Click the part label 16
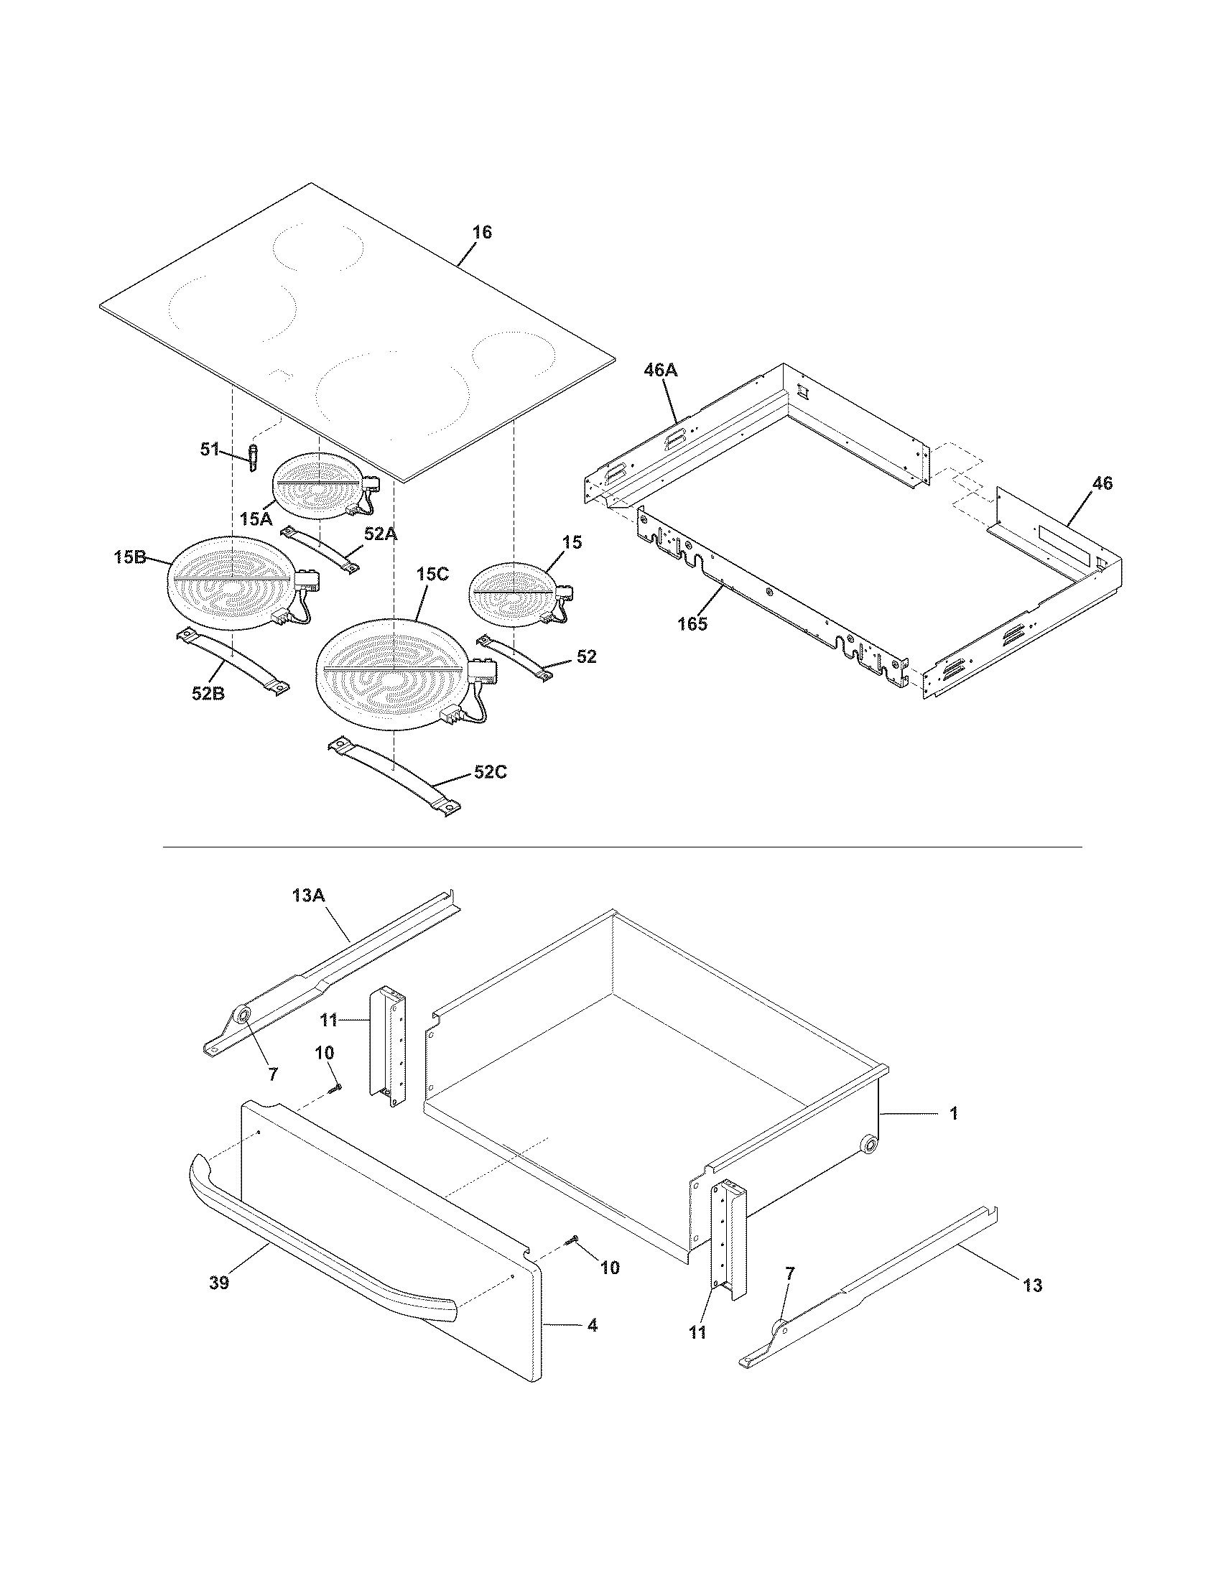click(482, 232)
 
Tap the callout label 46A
click(661, 371)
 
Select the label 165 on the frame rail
click(692, 623)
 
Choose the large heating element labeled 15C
click(394, 669)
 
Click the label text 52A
click(381, 534)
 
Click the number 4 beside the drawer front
click(592, 1326)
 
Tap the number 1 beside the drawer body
click(953, 1113)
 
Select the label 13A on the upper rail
click(309, 896)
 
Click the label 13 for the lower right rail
click(1033, 1286)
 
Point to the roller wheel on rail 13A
click(241, 1017)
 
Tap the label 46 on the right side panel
click(1102, 484)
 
